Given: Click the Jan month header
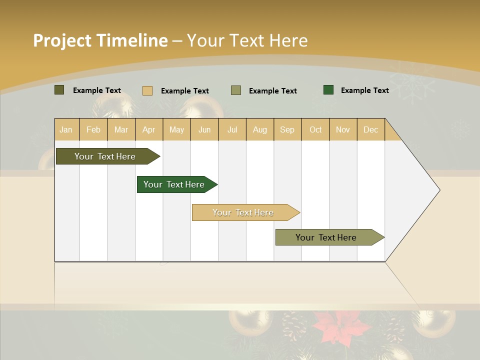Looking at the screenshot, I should (66, 129).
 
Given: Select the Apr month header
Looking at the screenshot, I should (149, 129).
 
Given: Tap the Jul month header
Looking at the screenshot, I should (232, 129).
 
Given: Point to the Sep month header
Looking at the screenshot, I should (287, 129).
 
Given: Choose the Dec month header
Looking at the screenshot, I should (370, 129).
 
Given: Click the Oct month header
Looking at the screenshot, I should (315, 129).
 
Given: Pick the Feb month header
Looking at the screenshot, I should (93, 129).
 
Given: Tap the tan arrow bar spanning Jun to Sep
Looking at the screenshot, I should (243, 212).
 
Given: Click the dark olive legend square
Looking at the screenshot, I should (59, 90).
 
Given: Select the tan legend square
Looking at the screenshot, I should (147, 90).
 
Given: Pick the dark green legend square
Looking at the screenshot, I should (328, 90).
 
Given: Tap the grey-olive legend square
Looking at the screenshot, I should (236, 90).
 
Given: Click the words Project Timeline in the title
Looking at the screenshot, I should (100, 40).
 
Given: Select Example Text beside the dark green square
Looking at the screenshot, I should (364, 90).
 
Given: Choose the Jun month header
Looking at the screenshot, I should (204, 129).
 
